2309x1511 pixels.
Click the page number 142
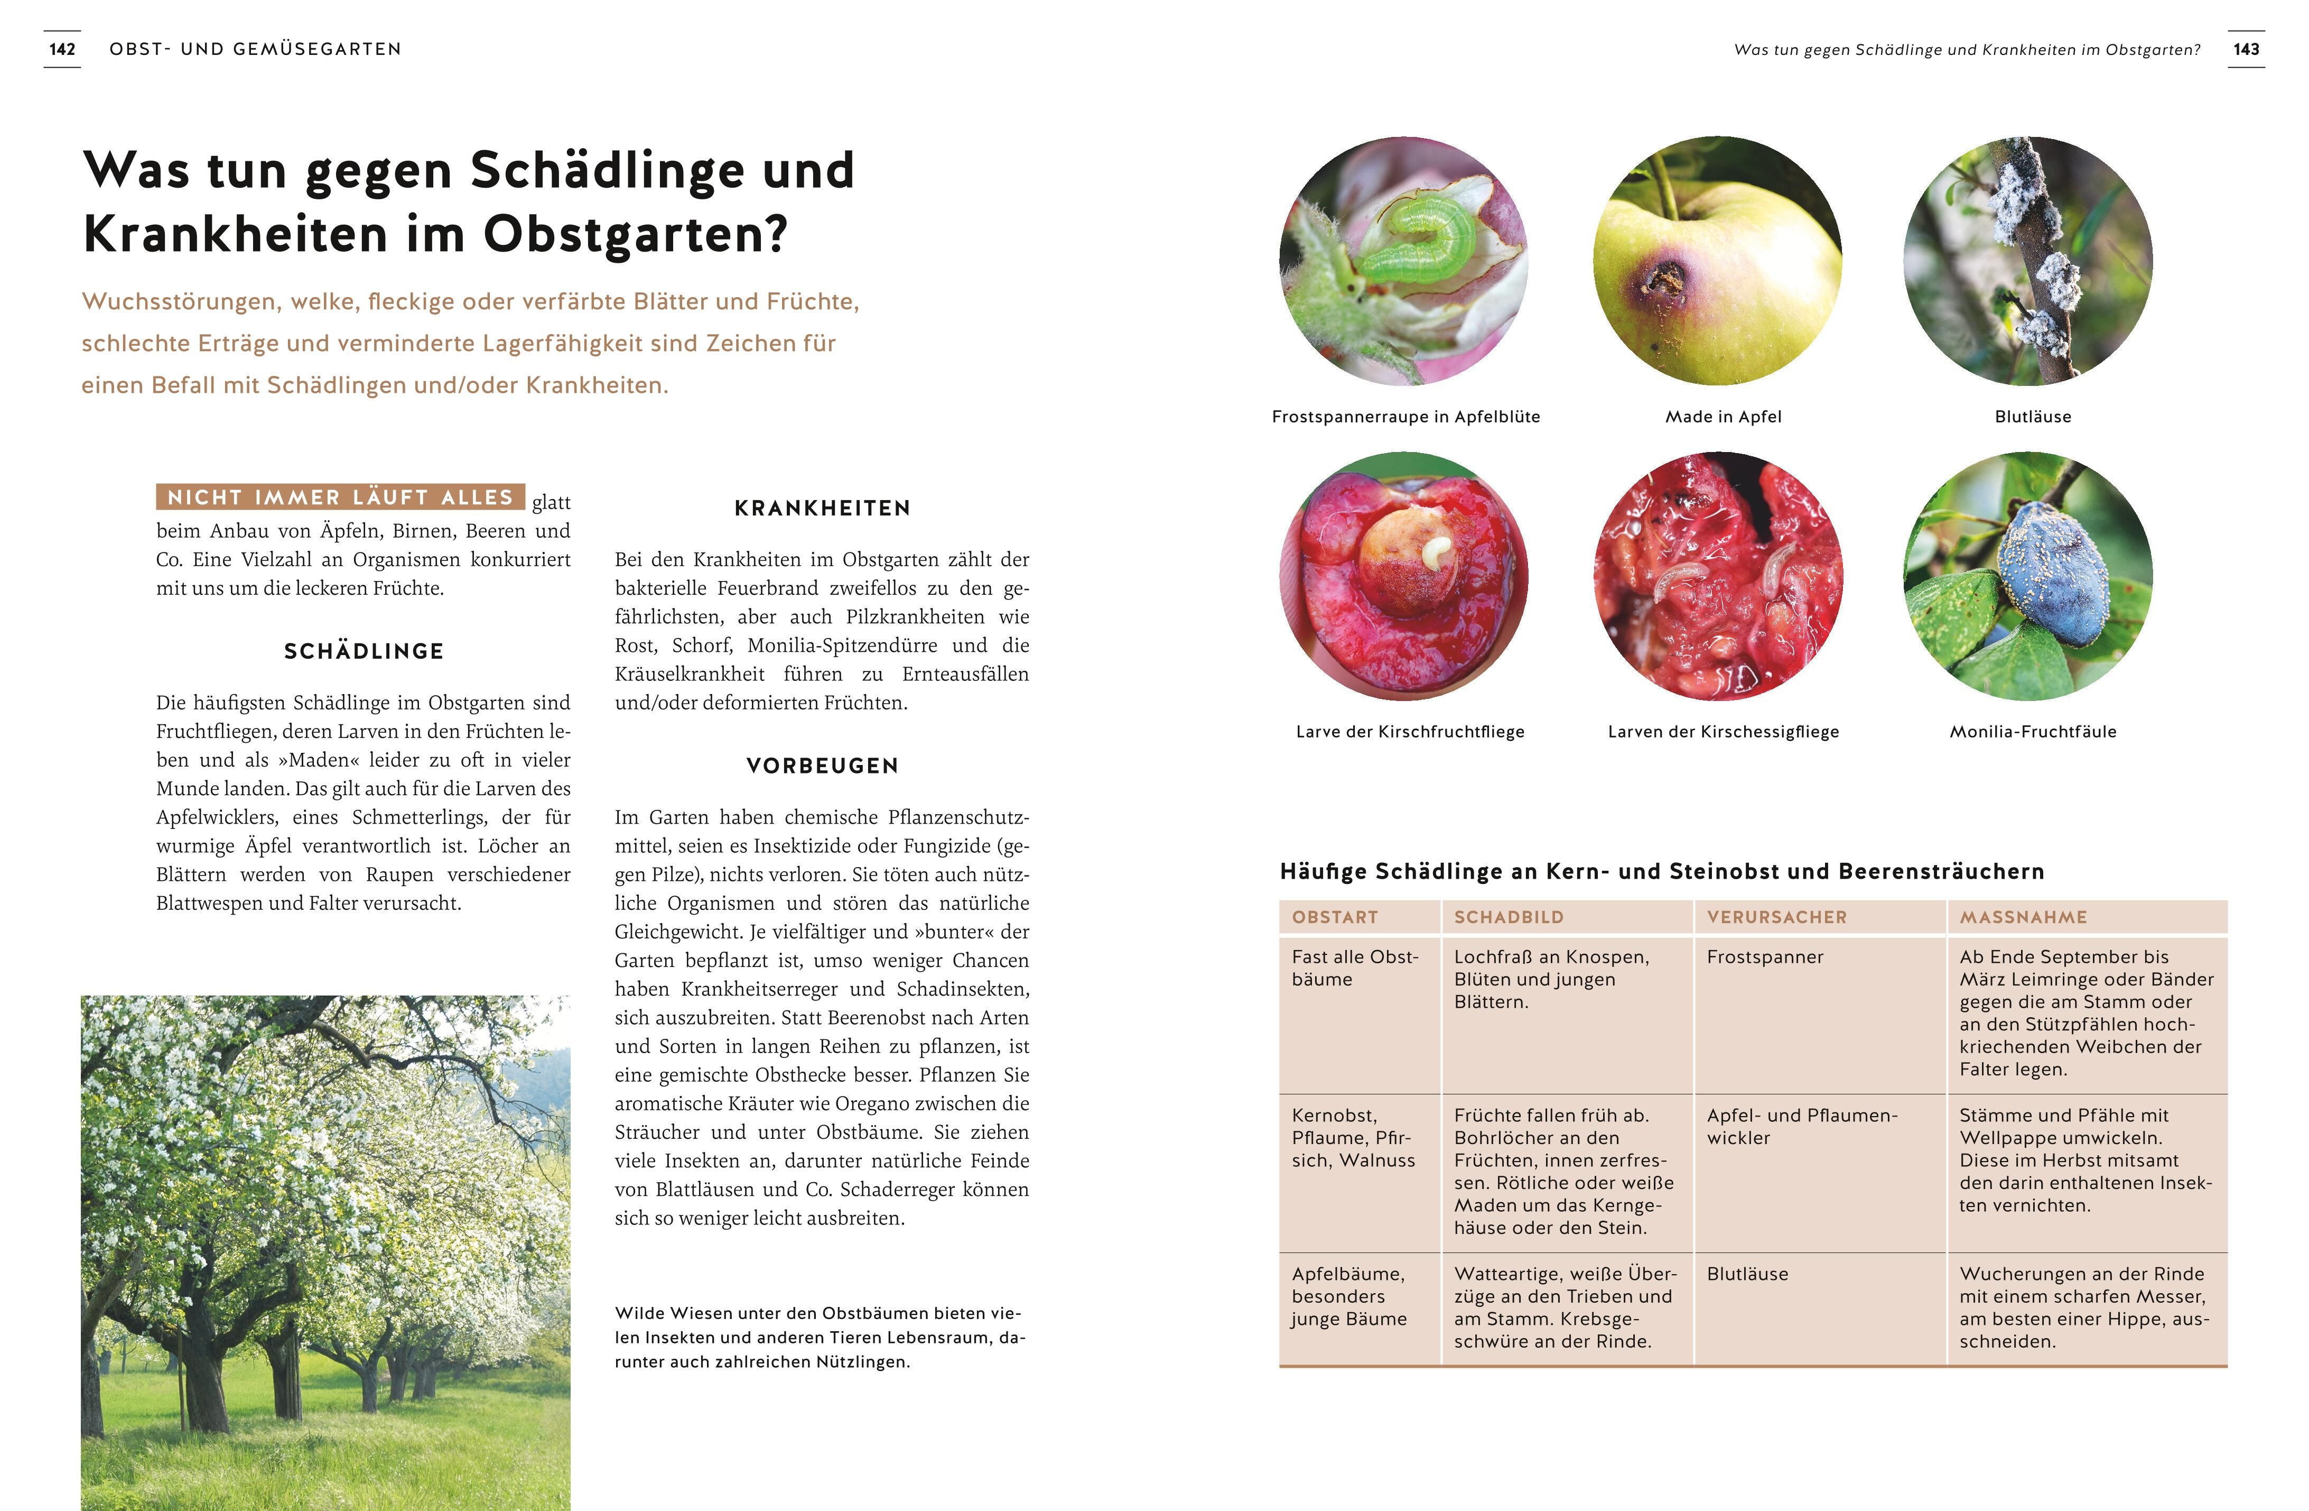tap(62, 50)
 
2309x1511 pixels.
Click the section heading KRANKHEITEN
tap(822, 508)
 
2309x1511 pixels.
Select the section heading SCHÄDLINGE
tap(364, 651)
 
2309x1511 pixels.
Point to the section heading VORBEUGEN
tap(822, 766)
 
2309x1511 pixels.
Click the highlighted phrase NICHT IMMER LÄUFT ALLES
tap(340, 497)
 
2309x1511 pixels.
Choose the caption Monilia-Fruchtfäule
tap(2033, 732)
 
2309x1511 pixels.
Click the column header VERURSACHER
tap(1776, 917)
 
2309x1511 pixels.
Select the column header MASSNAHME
tap(2023, 917)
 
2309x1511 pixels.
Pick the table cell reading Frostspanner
tap(1765, 957)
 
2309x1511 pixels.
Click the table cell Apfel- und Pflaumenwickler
tap(1802, 1127)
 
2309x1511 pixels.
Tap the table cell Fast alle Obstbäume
tap(1354, 968)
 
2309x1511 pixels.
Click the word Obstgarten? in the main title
tap(636, 235)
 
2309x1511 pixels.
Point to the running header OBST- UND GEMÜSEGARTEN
tap(255, 50)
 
